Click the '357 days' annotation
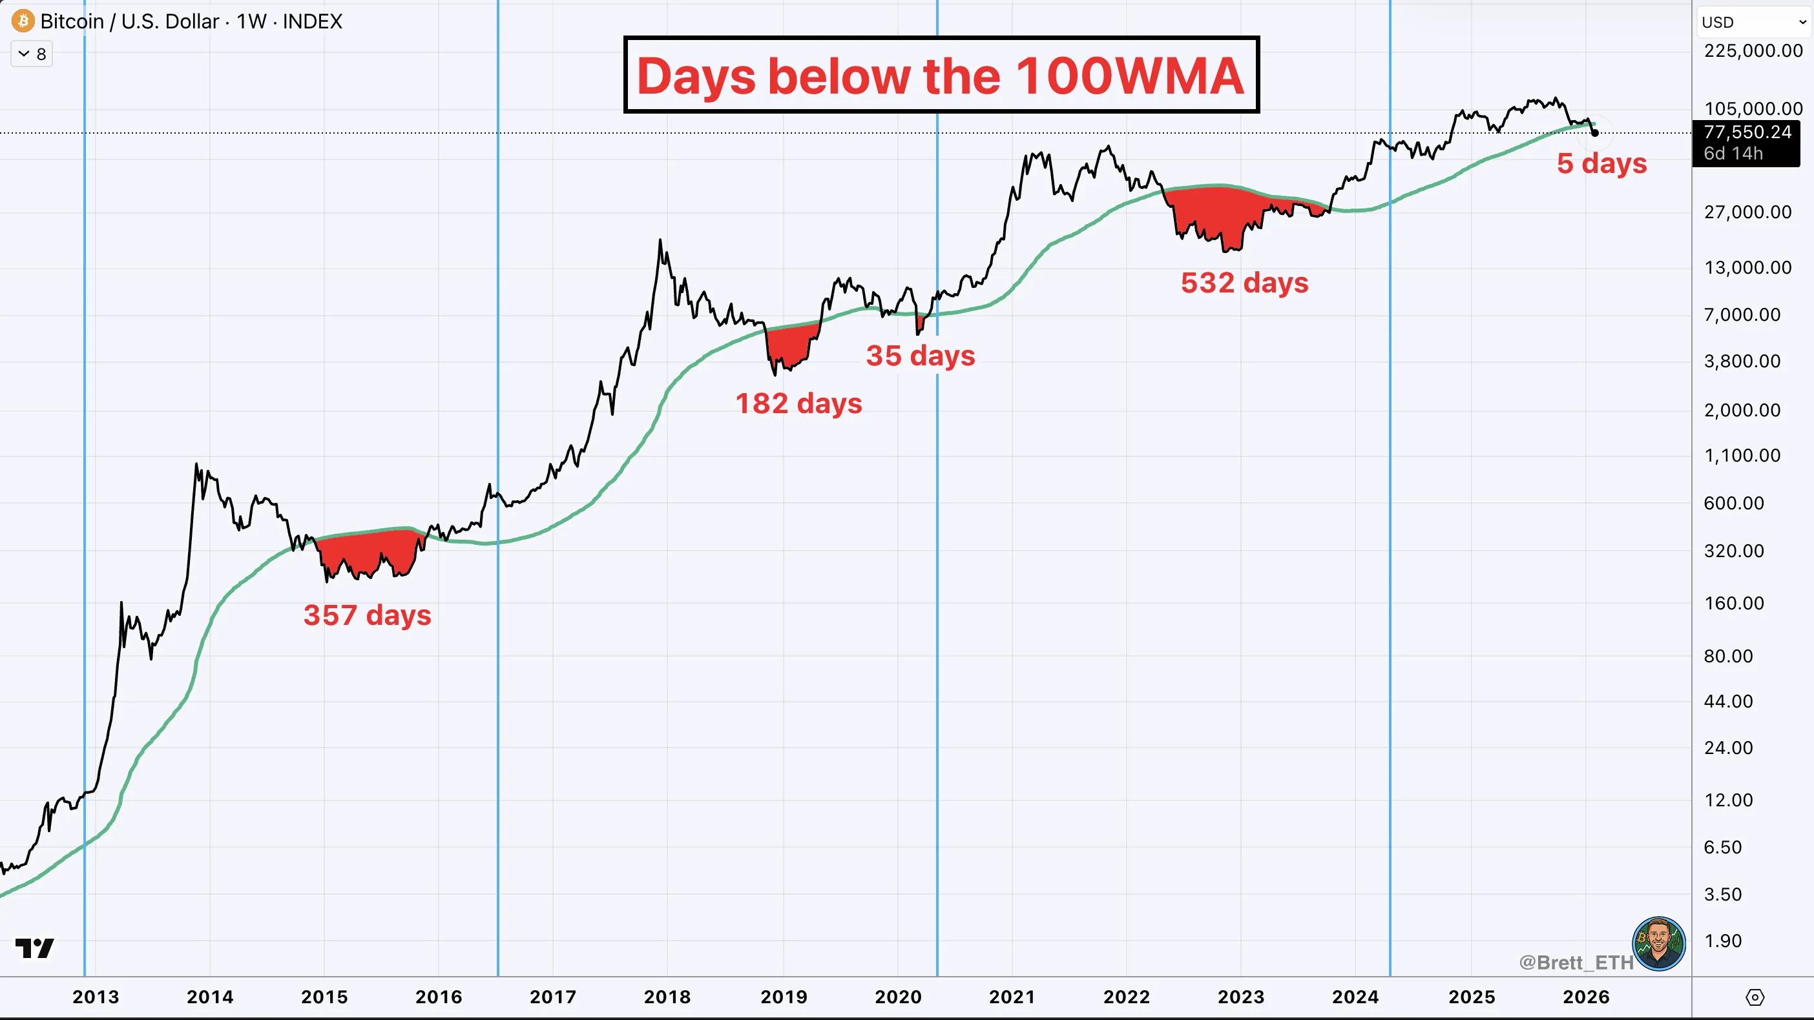pyautogui.click(x=367, y=615)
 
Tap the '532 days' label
pyautogui.click(x=1244, y=283)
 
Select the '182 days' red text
pyautogui.click(x=798, y=403)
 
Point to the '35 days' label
pyautogui.click(x=921, y=356)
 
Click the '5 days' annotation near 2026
pyautogui.click(x=1601, y=163)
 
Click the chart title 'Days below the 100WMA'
pyautogui.click(x=941, y=76)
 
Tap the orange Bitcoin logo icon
pyautogui.click(x=23, y=21)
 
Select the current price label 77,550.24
pyautogui.click(x=1746, y=132)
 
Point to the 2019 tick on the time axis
pyautogui.click(x=783, y=997)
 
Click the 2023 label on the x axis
pyautogui.click(x=1241, y=997)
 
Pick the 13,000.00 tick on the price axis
pyautogui.click(x=1747, y=267)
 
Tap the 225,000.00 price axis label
pyautogui.click(x=1753, y=51)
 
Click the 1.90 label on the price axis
pyautogui.click(x=1722, y=941)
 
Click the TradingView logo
pyautogui.click(x=34, y=948)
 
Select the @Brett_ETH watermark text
pyautogui.click(x=1575, y=963)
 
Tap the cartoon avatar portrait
pyautogui.click(x=1658, y=943)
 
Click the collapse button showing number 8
pyautogui.click(x=32, y=54)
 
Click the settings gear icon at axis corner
pyautogui.click(x=1755, y=997)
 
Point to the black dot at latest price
pyautogui.click(x=1595, y=132)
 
